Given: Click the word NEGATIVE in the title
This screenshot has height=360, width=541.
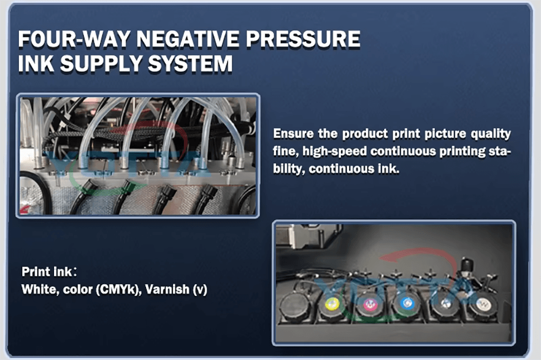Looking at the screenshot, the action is click(x=187, y=38).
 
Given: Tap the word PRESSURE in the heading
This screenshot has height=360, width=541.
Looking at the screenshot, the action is click(x=304, y=38).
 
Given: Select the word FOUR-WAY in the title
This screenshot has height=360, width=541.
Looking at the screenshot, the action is click(x=74, y=38).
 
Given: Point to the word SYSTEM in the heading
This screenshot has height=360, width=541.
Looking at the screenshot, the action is click(x=190, y=64).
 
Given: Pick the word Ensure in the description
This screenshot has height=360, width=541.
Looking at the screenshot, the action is click(x=293, y=134).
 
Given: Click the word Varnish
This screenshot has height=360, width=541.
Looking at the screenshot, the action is click(x=167, y=289).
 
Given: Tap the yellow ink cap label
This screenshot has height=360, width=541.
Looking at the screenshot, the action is click(x=332, y=304).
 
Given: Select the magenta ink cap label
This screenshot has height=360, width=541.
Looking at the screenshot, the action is click(x=370, y=304).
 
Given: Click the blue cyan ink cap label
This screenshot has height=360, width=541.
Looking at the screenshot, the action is click(x=407, y=303).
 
